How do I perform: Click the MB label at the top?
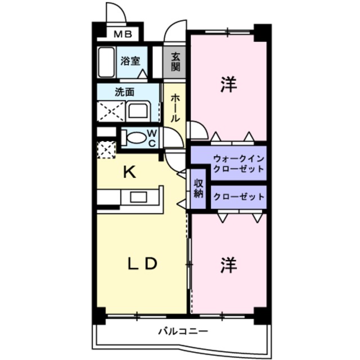(123, 34)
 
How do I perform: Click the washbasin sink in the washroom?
(138, 110)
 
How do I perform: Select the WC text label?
(152, 137)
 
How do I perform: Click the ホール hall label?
(175, 108)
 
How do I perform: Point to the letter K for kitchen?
(129, 172)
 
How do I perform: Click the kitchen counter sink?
(138, 197)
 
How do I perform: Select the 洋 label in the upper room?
(228, 85)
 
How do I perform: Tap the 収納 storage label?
(198, 188)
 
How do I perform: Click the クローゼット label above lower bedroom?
(238, 197)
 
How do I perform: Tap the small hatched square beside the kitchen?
(105, 150)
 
